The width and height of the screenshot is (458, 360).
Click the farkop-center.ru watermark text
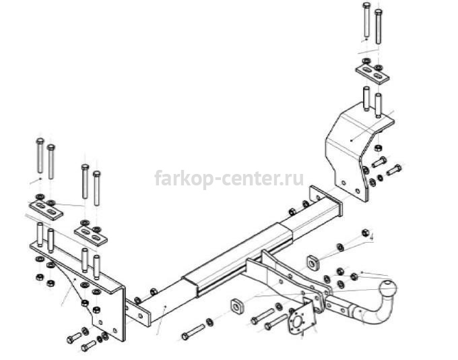229,178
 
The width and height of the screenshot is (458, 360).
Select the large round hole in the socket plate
298,321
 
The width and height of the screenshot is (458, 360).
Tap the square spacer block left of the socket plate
238,306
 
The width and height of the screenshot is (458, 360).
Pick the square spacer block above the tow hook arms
313,262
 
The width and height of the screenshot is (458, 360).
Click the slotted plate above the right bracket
372,73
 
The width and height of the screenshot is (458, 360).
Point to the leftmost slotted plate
46,210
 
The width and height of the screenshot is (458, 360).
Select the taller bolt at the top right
366,20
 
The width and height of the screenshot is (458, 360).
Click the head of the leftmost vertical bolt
40,142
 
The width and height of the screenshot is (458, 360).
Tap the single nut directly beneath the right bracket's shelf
377,147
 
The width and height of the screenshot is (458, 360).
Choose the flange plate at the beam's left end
138,313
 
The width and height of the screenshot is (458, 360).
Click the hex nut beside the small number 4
365,233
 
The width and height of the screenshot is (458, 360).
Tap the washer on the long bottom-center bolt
209,322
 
